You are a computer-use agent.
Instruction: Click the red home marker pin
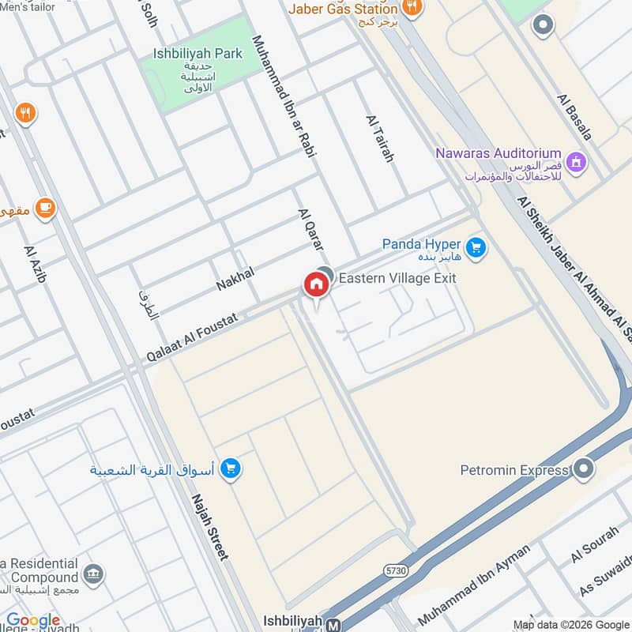316,284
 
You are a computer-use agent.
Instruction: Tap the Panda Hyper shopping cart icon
475,248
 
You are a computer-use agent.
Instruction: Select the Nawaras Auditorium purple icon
577,161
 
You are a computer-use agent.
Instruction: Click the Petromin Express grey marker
583,470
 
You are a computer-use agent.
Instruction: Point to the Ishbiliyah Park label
198,54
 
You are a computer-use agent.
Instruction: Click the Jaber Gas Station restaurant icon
411,9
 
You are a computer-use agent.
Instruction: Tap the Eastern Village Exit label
397,278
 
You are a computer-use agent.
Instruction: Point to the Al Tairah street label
379,138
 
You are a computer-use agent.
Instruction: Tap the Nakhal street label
235,279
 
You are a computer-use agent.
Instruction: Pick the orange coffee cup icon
45,208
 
